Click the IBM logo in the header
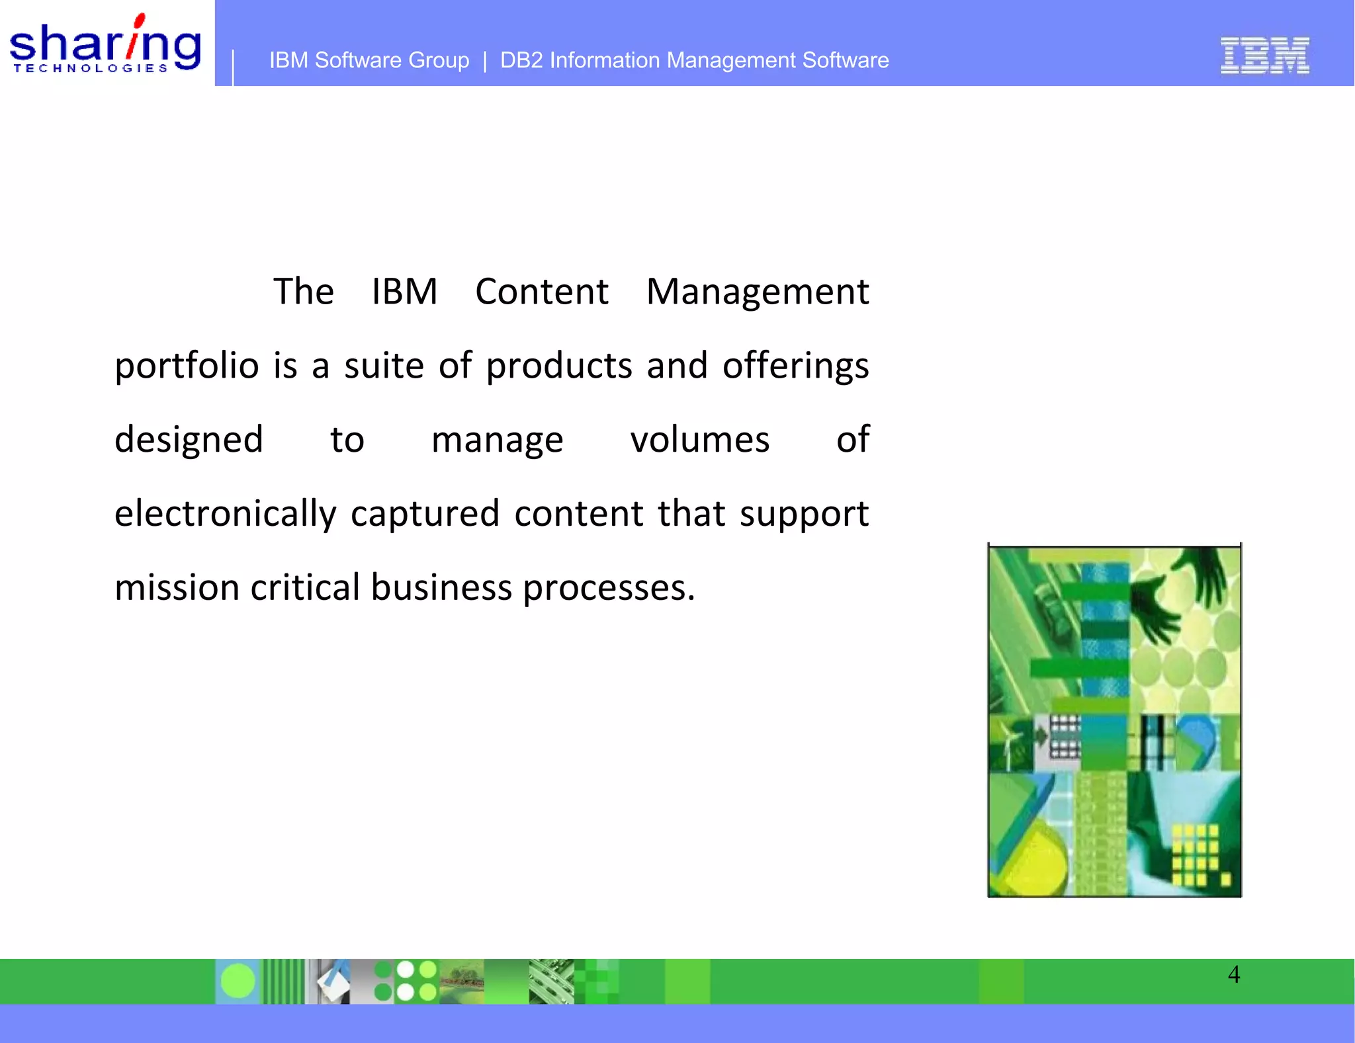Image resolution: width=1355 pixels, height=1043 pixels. pos(1264,55)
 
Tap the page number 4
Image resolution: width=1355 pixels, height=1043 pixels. pos(1233,974)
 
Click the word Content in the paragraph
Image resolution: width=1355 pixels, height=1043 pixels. pos(541,292)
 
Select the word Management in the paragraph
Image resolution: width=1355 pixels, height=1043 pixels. pos(757,292)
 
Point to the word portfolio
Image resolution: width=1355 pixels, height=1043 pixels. pos(187,366)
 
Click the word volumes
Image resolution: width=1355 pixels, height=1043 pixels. pos(699,440)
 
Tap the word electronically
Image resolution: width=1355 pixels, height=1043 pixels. pos(225,514)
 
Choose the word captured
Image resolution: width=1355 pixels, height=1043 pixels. pos(425,514)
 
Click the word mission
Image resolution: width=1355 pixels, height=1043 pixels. pos(177,587)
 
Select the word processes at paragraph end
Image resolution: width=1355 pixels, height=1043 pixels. pos(609,587)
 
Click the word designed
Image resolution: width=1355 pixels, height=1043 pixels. pos(189,440)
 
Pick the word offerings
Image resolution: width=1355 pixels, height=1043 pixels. pos(795,366)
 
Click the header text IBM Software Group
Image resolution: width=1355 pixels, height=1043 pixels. pos(369,60)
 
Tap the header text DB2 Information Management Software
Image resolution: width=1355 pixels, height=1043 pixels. pos(694,60)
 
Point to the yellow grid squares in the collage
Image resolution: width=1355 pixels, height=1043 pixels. pos(1194,853)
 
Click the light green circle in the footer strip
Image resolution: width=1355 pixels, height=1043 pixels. pos(238,981)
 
